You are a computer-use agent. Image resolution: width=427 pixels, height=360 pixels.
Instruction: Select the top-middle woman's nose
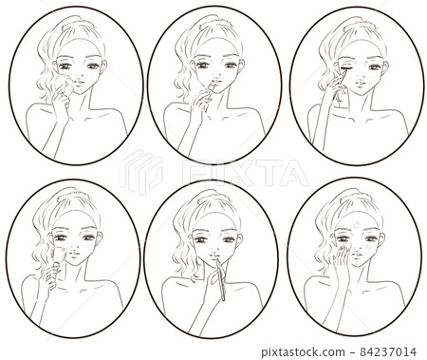tap(213, 76)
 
